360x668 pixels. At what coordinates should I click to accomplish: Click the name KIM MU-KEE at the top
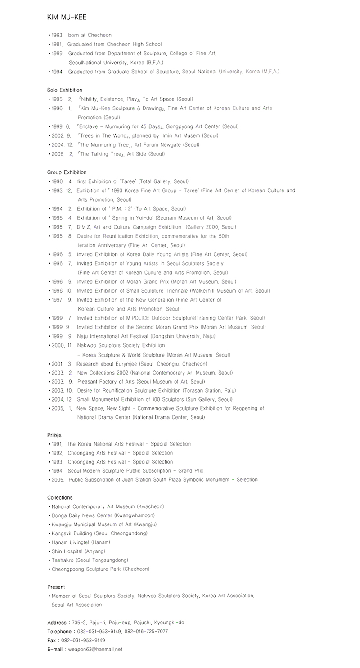coord(67,18)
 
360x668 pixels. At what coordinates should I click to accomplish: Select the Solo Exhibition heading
coord(65,90)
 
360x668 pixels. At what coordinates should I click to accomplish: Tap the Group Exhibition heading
coord(67,172)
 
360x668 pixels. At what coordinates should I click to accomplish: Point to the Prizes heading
coord(54,435)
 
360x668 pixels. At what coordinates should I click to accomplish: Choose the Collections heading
coord(60,498)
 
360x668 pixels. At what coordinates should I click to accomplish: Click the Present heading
coord(56,587)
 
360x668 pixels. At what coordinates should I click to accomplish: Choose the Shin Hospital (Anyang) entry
coord(78,551)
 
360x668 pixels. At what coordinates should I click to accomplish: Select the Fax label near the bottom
coord(52,641)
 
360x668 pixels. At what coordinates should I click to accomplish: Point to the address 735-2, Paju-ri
coord(86,623)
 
